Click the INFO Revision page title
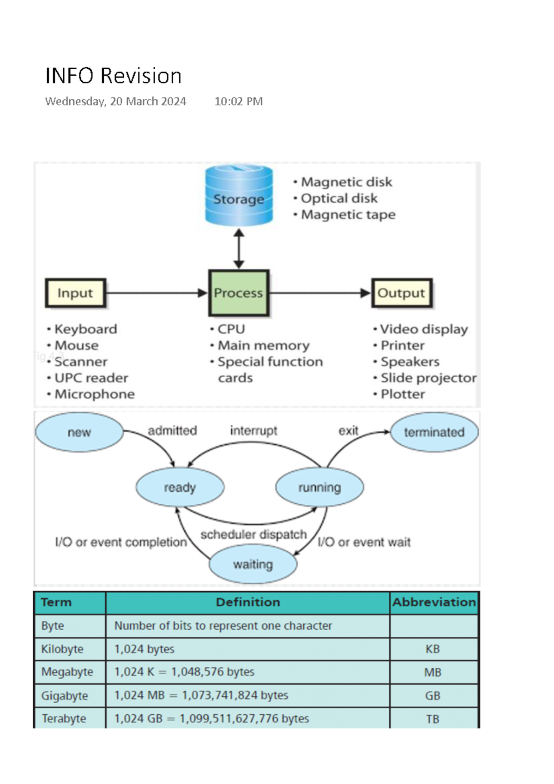coord(114,76)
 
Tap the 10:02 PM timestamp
coord(238,102)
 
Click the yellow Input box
coord(76,293)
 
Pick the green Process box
coord(239,293)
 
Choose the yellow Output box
coord(402,293)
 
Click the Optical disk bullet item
coord(338,199)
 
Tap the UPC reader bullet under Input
coord(91,378)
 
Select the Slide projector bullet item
coord(428,378)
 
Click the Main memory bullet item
coord(263,345)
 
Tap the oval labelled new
coord(79,433)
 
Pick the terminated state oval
coord(434,433)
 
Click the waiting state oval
coord(253,564)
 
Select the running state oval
coord(319,488)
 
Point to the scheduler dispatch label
coord(253,535)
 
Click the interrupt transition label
coord(253,431)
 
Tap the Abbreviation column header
coord(434,603)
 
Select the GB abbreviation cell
coord(433,696)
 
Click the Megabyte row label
coord(67,672)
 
